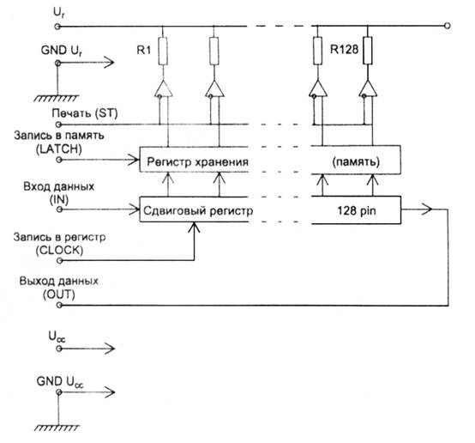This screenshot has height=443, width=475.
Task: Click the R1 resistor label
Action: click(x=143, y=50)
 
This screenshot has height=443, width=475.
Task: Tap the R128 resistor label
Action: click(x=344, y=50)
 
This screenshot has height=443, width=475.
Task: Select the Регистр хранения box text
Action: click(x=197, y=161)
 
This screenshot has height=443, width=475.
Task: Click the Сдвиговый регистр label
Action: click(x=198, y=210)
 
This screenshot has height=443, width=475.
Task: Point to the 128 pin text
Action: click(x=357, y=210)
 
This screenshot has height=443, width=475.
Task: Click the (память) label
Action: click(x=356, y=162)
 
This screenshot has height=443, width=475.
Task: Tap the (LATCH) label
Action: click(x=59, y=149)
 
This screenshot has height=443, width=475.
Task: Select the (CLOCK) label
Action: click(x=59, y=251)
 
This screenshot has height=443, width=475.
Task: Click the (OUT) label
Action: click(x=59, y=294)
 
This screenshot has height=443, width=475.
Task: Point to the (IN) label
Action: click(x=59, y=200)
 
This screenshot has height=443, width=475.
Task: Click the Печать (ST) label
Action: click(x=85, y=113)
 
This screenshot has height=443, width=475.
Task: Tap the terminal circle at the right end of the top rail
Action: click(x=447, y=26)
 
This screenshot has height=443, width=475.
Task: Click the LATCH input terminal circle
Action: click(x=59, y=160)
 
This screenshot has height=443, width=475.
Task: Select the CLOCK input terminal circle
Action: click(x=60, y=260)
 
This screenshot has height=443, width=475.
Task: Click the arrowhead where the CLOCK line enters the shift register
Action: click(x=194, y=227)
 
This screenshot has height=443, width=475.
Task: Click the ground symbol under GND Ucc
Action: click(x=57, y=428)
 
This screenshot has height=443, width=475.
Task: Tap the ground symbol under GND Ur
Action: click(x=57, y=98)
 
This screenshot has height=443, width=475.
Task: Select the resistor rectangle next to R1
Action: click(x=163, y=51)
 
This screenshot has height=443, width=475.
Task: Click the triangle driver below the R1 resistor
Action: click(x=163, y=89)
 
